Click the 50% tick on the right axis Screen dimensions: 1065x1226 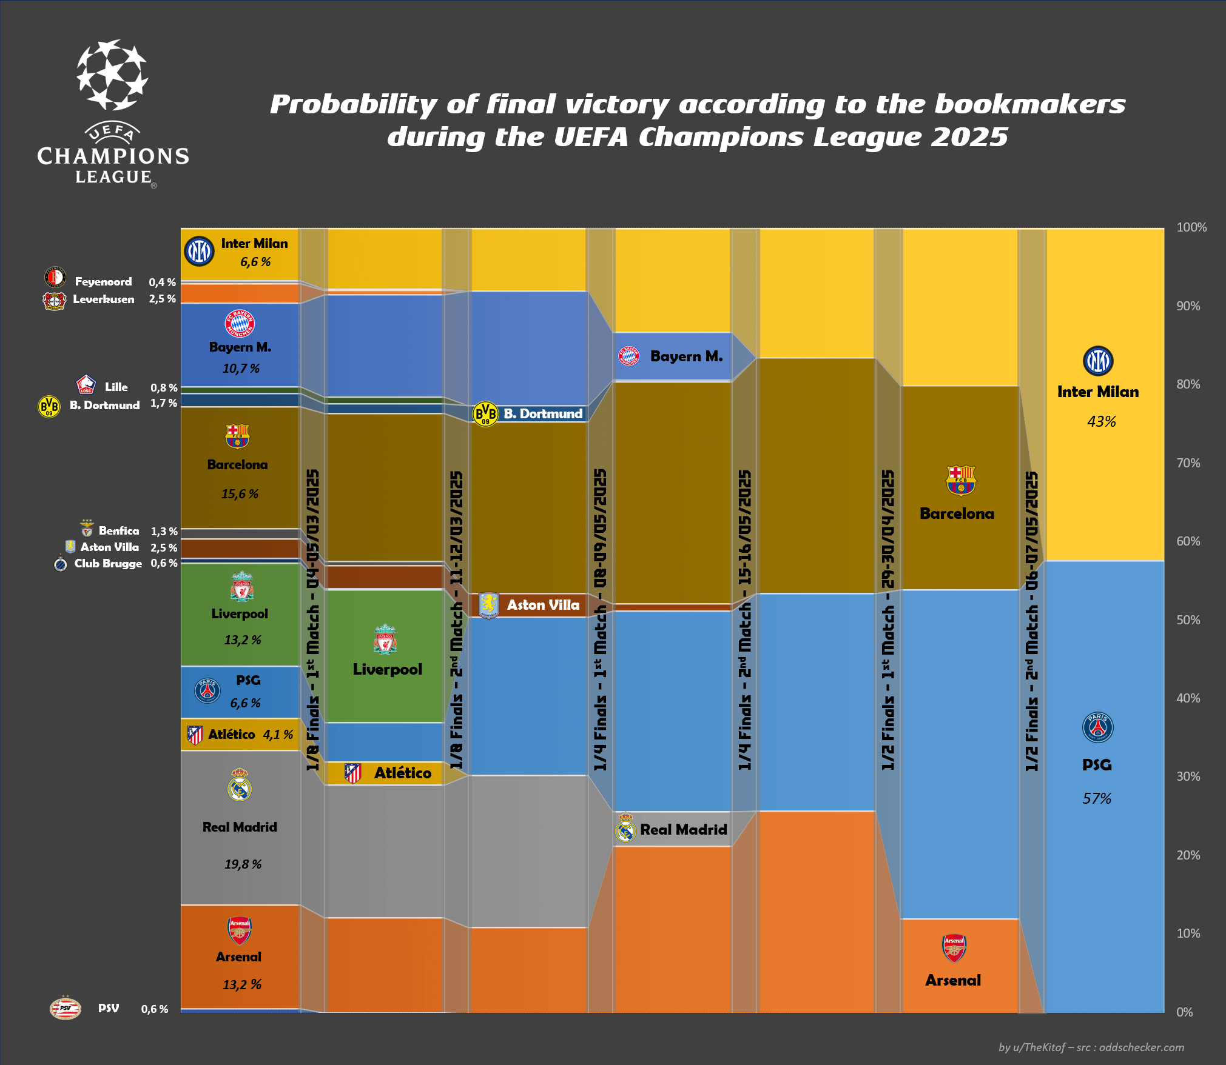pos(1188,620)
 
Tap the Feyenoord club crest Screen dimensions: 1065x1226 pos(55,278)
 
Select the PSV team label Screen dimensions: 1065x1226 pos(109,1008)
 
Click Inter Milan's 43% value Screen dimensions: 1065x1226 pos(1101,421)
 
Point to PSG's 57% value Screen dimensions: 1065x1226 pos(1097,798)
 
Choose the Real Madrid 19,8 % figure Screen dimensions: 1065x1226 pos(243,864)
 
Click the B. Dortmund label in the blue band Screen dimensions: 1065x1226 pos(543,413)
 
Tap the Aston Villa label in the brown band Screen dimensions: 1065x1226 pos(543,605)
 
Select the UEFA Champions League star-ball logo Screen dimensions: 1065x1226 pos(112,75)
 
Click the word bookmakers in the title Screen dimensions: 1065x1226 pos(1029,104)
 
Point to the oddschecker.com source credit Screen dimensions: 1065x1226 pos(1141,1047)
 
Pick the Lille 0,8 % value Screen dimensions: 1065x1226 pos(164,387)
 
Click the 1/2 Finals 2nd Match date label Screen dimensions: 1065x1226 pos(1031,621)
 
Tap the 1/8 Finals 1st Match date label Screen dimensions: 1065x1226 pos(312,619)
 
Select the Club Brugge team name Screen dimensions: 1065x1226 pos(108,563)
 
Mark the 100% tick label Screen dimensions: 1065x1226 pos(1191,227)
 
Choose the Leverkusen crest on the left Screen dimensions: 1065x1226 pos(54,300)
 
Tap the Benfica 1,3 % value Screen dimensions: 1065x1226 pos(164,531)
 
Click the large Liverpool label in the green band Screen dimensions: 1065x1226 pos(387,669)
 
